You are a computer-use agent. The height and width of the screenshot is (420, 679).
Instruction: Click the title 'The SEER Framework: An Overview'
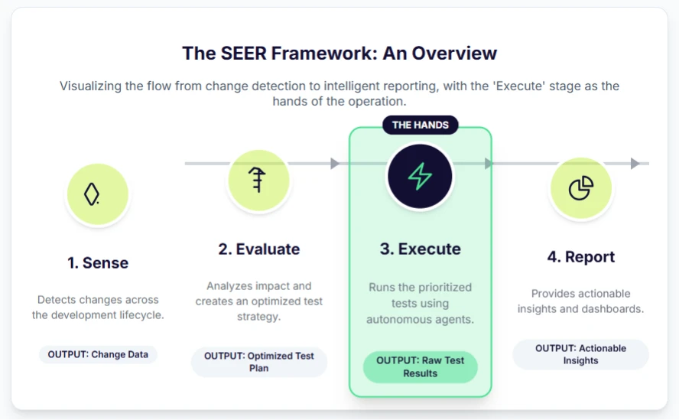point(339,53)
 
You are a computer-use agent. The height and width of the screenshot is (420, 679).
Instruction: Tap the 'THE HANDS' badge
point(420,125)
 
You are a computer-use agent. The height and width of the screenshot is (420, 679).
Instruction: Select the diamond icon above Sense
point(93,194)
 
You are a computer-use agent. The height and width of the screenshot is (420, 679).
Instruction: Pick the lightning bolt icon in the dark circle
point(420,177)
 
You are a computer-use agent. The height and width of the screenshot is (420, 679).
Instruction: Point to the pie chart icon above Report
point(581,187)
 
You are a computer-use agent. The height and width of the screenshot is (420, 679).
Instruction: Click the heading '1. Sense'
point(98,262)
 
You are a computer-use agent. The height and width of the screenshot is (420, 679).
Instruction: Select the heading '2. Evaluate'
point(259,249)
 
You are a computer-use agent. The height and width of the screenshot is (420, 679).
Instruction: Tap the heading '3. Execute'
point(420,249)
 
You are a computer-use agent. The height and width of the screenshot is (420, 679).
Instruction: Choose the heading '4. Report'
point(580,256)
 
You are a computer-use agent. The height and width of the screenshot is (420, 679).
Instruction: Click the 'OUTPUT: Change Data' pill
point(98,354)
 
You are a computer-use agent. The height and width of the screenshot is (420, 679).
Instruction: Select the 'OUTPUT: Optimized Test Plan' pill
point(259,362)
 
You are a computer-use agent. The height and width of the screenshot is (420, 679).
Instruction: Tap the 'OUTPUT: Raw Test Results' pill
point(420,366)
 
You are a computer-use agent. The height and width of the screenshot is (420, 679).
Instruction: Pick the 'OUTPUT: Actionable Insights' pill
point(580,354)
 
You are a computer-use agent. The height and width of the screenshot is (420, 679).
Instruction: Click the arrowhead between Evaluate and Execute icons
point(335,163)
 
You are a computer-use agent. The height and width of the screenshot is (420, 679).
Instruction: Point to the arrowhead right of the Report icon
point(635,163)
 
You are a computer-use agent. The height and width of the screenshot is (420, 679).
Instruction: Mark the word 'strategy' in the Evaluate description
point(259,316)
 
